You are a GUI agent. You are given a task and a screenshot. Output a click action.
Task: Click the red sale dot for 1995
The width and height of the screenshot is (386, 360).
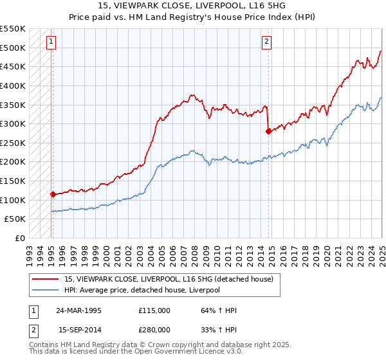point(53,194)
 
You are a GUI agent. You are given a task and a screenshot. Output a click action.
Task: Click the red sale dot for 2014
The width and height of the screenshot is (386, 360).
point(268,131)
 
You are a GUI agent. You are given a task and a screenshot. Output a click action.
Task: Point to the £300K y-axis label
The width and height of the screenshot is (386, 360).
point(13,123)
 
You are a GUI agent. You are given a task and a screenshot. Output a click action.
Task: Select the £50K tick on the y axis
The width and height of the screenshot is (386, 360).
point(15,219)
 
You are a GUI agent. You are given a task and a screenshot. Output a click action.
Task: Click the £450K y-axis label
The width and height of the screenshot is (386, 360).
point(13,66)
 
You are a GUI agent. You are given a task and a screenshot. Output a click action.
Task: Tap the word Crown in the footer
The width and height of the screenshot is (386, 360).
point(164,345)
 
